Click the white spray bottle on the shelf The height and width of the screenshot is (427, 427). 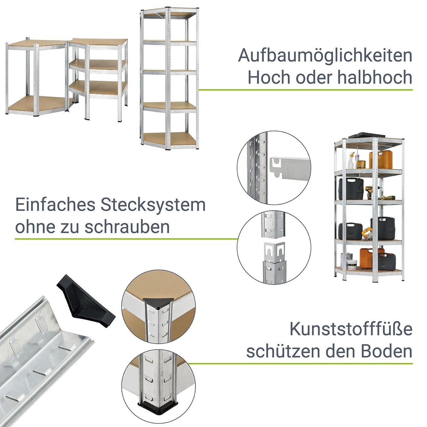click(351, 161)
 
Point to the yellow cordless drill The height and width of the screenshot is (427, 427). click(369, 193)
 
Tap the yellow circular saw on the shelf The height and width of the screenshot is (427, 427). click(367, 233)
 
